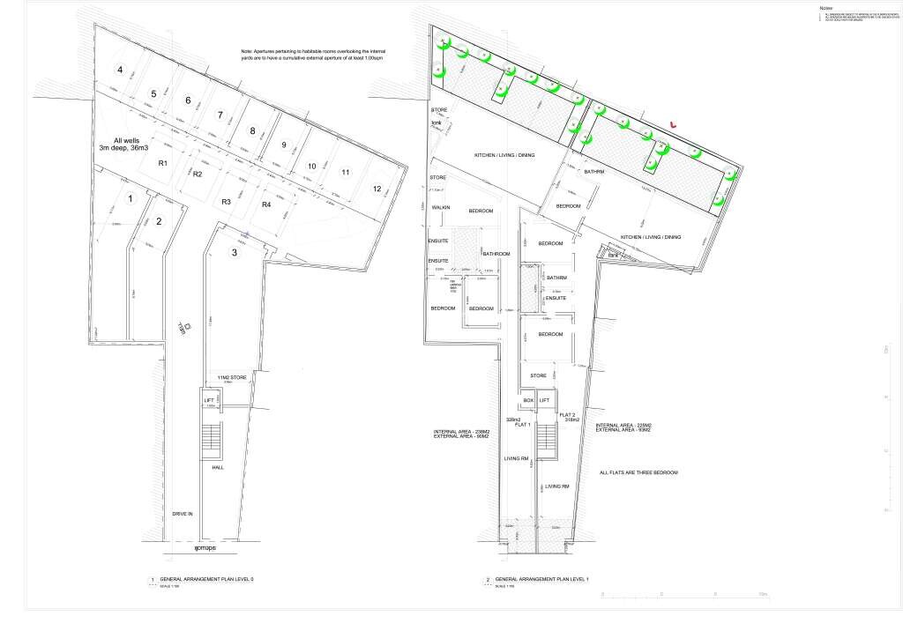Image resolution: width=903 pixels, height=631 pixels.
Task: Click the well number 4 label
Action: [x=118, y=69]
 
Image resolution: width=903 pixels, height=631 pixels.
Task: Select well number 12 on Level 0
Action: [x=377, y=189]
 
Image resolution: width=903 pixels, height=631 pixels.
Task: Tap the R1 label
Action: [x=163, y=164]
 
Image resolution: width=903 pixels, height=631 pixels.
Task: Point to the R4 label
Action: [x=265, y=205]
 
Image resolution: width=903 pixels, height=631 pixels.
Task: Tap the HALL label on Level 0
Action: [x=218, y=467]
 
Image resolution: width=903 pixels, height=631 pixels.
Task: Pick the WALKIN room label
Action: [x=441, y=207]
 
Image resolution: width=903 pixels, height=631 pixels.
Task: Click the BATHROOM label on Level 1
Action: [x=496, y=254]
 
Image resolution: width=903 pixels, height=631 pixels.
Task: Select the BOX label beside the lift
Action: [x=528, y=400]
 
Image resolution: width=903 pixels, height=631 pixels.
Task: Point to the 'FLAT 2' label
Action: [x=568, y=414]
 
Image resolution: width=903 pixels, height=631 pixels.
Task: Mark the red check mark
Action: [x=675, y=124]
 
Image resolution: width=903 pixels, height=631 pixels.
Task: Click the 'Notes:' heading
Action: [x=827, y=7]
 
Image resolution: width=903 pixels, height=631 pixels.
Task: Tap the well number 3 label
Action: [x=234, y=253]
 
